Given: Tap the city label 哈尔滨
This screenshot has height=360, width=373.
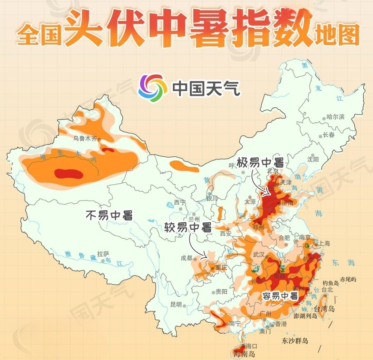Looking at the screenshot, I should pos(335,117).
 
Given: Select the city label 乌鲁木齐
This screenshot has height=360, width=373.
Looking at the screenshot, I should pos(85,139).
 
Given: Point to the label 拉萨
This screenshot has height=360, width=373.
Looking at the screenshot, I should pos(103,253).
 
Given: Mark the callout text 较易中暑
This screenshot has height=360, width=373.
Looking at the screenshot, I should pos(188,228).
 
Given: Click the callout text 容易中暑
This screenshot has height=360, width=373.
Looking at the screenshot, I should pos(280,296).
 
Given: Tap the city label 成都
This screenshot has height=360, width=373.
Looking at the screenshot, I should pos(186,258).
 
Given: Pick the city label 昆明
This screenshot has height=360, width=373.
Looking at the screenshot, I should pos(176,305).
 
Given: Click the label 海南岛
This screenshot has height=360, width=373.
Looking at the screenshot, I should pos(244,354).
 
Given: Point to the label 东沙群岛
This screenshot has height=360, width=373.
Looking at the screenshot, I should pos(295,341).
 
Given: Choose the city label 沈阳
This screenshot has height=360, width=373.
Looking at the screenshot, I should pos(313,159).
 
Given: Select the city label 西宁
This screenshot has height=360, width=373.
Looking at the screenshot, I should pos(180,202).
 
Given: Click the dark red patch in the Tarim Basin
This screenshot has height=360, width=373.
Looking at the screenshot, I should pos(69,173).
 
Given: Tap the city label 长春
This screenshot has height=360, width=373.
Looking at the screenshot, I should pos(328,135).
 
